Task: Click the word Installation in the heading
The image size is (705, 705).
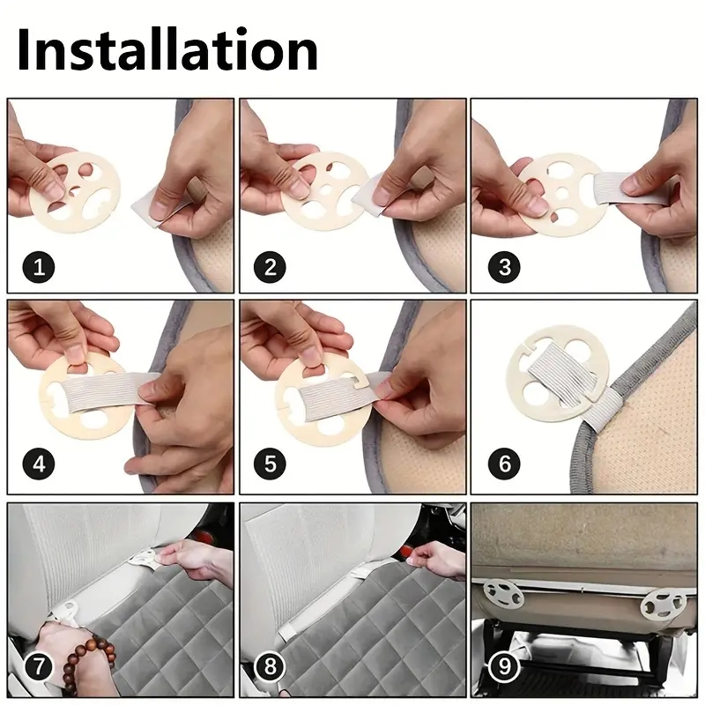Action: pyautogui.click(x=167, y=50)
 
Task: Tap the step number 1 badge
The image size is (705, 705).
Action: pyautogui.click(x=39, y=268)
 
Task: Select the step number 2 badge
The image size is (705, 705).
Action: pyautogui.click(x=271, y=268)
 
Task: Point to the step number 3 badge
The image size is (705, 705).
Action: pyautogui.click(x=504, y=268)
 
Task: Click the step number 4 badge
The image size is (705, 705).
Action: pyautogui.click(x=39, y=464)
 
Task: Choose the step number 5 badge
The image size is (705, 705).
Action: pyautogui.click(x=271, y=464)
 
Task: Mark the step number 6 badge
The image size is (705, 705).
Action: pyautogui.click(x=504, y=464)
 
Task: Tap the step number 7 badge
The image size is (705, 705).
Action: pyautogui.click(x=39, y=666)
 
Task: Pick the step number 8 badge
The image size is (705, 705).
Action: pyautogui.click(x=271, y=666)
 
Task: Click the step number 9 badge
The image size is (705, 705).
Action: pyautogui.click(x=504, y=666)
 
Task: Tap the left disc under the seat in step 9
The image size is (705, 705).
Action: pyautogui.click(x=503, y=593)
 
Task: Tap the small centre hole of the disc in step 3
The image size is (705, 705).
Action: pyautogui.click(x=561, y=194)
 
